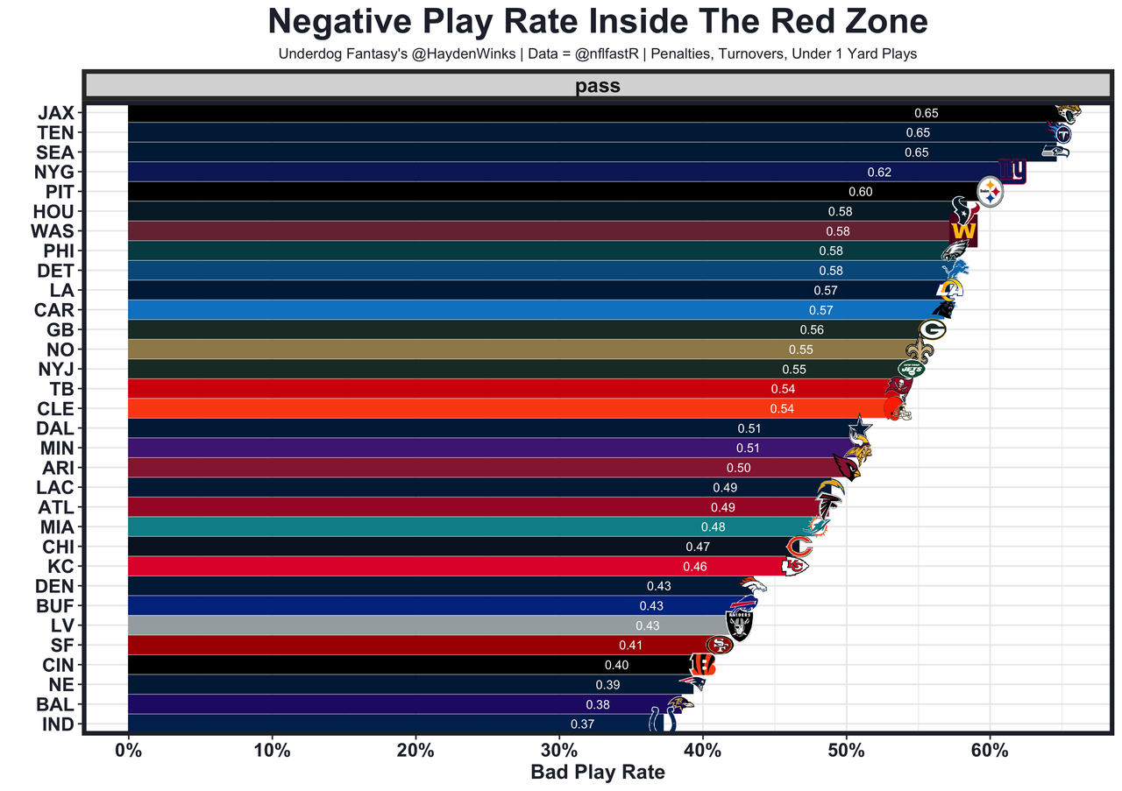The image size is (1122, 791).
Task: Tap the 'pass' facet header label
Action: [x=598, y=86]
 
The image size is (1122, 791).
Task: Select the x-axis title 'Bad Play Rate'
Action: [x=598, y=773]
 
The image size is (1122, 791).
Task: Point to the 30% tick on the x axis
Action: [x=559, y=752]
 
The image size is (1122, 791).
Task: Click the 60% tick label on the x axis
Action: [x=990, y=752]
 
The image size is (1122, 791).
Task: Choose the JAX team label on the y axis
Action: [x=55, y=113]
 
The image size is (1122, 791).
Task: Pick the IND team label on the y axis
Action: [x=59, y=724]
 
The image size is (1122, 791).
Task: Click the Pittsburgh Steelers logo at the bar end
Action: [x=990, y=191]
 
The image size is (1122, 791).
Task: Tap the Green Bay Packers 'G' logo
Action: [x=933, y=330]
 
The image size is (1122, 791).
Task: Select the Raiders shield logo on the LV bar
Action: [x=740, y=626]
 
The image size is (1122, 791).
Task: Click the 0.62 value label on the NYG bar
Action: [x=879, y=173]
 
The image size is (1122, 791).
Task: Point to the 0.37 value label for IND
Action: [x=583, y=724]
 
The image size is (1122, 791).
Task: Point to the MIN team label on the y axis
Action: [x=58, y=448]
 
